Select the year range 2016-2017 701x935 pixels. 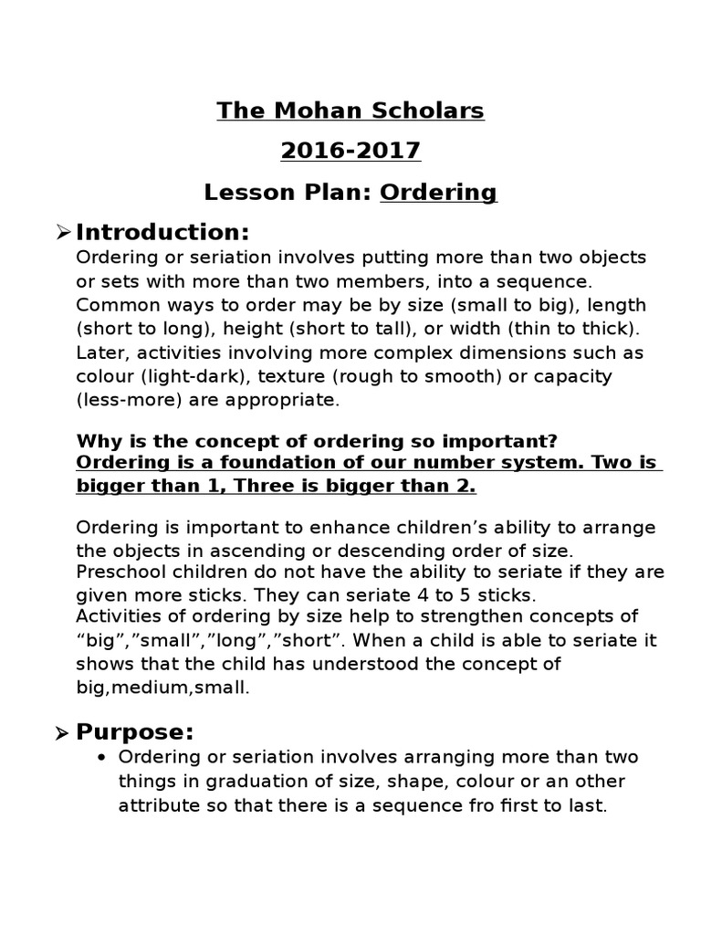tap(350, 152)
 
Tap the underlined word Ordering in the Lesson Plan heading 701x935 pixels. tap(438, 193)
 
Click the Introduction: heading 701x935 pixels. tap(162, 232)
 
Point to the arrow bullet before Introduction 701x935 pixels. tap(63, 232)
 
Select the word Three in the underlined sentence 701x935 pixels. tap(261, 486)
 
